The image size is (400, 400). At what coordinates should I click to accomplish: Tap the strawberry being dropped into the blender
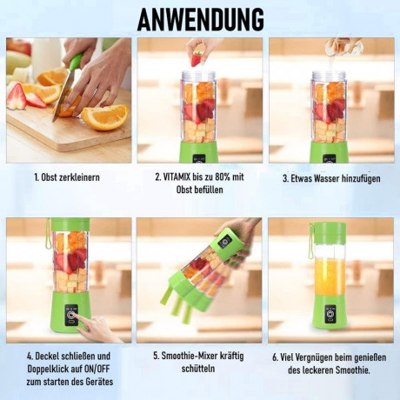click(197, 59)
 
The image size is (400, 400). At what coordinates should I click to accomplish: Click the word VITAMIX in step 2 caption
click(170, 177)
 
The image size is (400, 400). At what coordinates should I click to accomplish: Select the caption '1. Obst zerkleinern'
click(67, 177)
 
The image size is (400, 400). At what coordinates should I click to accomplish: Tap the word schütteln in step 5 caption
click(200, 370)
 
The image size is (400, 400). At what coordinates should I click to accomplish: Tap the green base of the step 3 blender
click(330, 151)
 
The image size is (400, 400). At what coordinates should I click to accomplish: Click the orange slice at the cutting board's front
click(104, 117)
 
